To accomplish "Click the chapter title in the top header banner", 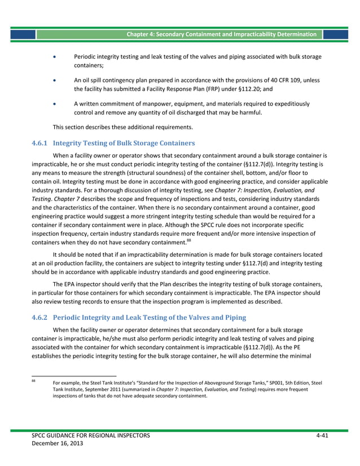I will (221, 34).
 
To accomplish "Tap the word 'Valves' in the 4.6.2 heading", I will (201, 318).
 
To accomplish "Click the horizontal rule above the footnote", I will (74, 376).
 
